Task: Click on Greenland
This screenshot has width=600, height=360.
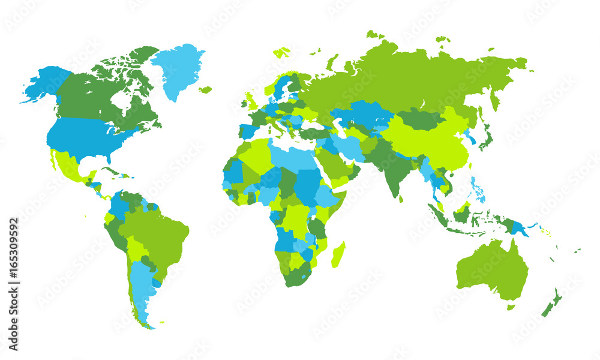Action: (x=178, y=69)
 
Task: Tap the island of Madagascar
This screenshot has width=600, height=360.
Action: (x=338, y=254)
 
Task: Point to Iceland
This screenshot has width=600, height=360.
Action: (x=206, y=90)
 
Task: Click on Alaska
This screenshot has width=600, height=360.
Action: (x=45, y=84)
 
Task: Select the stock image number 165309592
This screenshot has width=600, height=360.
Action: (x=13, y=284)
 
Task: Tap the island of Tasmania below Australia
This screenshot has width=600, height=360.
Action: (x=511, y=307)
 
